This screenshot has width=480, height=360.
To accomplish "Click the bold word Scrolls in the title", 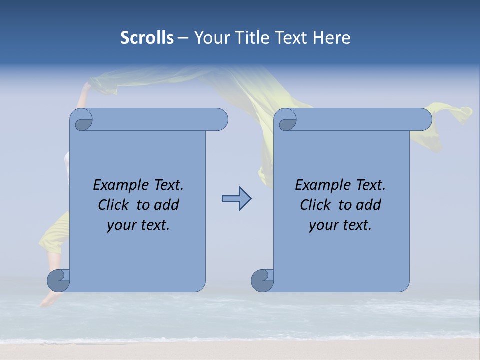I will tap(147, 38).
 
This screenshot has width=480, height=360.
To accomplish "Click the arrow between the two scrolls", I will tap(236, 199).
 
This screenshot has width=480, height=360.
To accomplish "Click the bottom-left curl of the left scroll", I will tap(59, 280).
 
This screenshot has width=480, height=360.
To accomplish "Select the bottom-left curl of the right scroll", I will tap(262, 280).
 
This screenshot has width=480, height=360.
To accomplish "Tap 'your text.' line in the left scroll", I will tap(138, 225).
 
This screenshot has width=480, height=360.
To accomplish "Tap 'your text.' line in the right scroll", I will tap(340, 225).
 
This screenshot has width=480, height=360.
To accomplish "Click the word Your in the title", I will tap(210, 38).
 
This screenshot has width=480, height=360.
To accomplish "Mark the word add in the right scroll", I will tap(369, 205).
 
